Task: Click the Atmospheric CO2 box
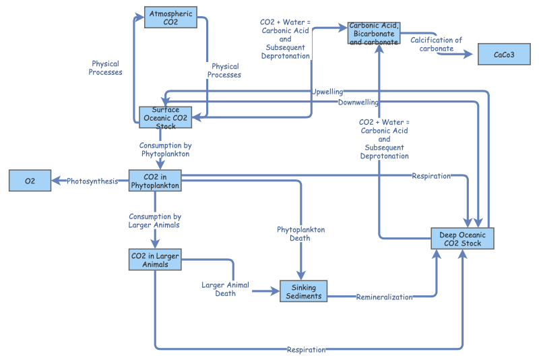(170, 18)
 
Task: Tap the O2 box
(30, 181)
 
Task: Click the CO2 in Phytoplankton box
(155, 181)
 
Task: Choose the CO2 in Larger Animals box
(155, 260)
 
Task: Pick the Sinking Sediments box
(303, 291)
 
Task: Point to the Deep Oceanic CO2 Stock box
(462, 239)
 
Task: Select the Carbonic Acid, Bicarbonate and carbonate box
(374, 33)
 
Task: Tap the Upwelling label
(327, 92)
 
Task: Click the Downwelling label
(358, 102)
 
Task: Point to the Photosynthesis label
(92, 181)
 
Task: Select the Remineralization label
(384, 297)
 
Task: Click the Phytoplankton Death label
(300, 234)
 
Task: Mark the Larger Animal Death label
(225, 289)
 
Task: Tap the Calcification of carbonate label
(436, 44)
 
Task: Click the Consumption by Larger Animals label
(154, 220)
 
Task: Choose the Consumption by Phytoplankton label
(164, 150)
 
